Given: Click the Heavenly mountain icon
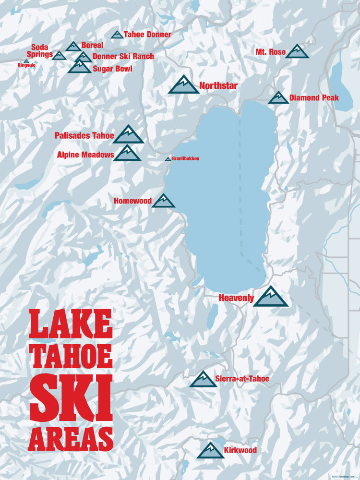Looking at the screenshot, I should tap(271, 297).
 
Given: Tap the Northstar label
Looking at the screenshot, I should tap(218, 86).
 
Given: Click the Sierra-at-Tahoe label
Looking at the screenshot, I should tap(242, 379).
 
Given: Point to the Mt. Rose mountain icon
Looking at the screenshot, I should tap(297, 51).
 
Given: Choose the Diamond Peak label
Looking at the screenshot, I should tap(314, 98).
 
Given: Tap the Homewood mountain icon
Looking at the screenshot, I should tap(163, 201).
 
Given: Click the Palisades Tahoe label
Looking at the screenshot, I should tap(84, 136).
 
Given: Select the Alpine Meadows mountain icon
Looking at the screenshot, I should tap(127, 153).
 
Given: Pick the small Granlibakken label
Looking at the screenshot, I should tap(185, 158).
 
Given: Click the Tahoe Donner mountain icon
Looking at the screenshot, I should tap(117, 35).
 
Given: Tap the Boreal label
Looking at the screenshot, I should tap(92, 45).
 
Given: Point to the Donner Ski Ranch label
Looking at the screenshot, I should tap(123, 57).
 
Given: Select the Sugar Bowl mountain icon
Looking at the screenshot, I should tap(79, 67).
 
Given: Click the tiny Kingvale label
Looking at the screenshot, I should tap(26, 65).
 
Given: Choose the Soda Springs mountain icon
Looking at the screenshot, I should tap(59, 56).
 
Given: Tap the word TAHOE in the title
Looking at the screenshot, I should tap(71, 355).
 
